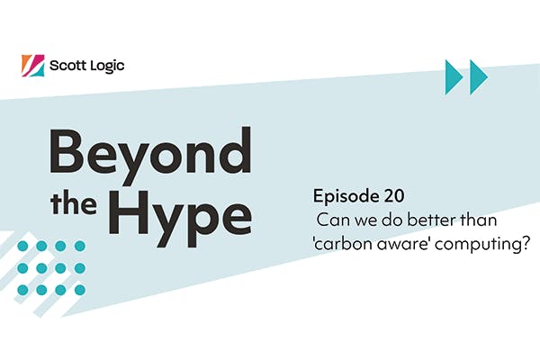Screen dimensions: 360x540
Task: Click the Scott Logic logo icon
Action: point(31,66)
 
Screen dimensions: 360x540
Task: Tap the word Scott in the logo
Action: point(69,66)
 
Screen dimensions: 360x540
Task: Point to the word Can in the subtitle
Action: point(333,221)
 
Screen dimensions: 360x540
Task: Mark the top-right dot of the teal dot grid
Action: point(80,246)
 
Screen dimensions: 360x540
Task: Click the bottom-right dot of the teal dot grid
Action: point(80,289)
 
